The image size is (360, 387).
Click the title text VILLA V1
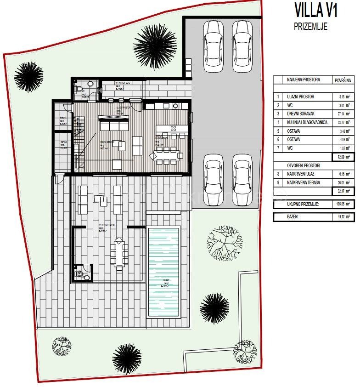316,10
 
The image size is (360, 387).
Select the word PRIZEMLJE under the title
310,26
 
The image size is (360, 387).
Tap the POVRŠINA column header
343,80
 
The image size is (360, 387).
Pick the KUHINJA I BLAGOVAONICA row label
307,123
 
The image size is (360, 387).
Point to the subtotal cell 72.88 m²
343,157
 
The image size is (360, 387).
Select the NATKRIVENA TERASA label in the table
304,182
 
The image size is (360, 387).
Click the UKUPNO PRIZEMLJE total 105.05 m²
343,204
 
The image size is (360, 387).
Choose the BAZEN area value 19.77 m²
343,216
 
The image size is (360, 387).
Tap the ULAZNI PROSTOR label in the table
300,97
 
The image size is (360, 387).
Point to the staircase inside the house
81,138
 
